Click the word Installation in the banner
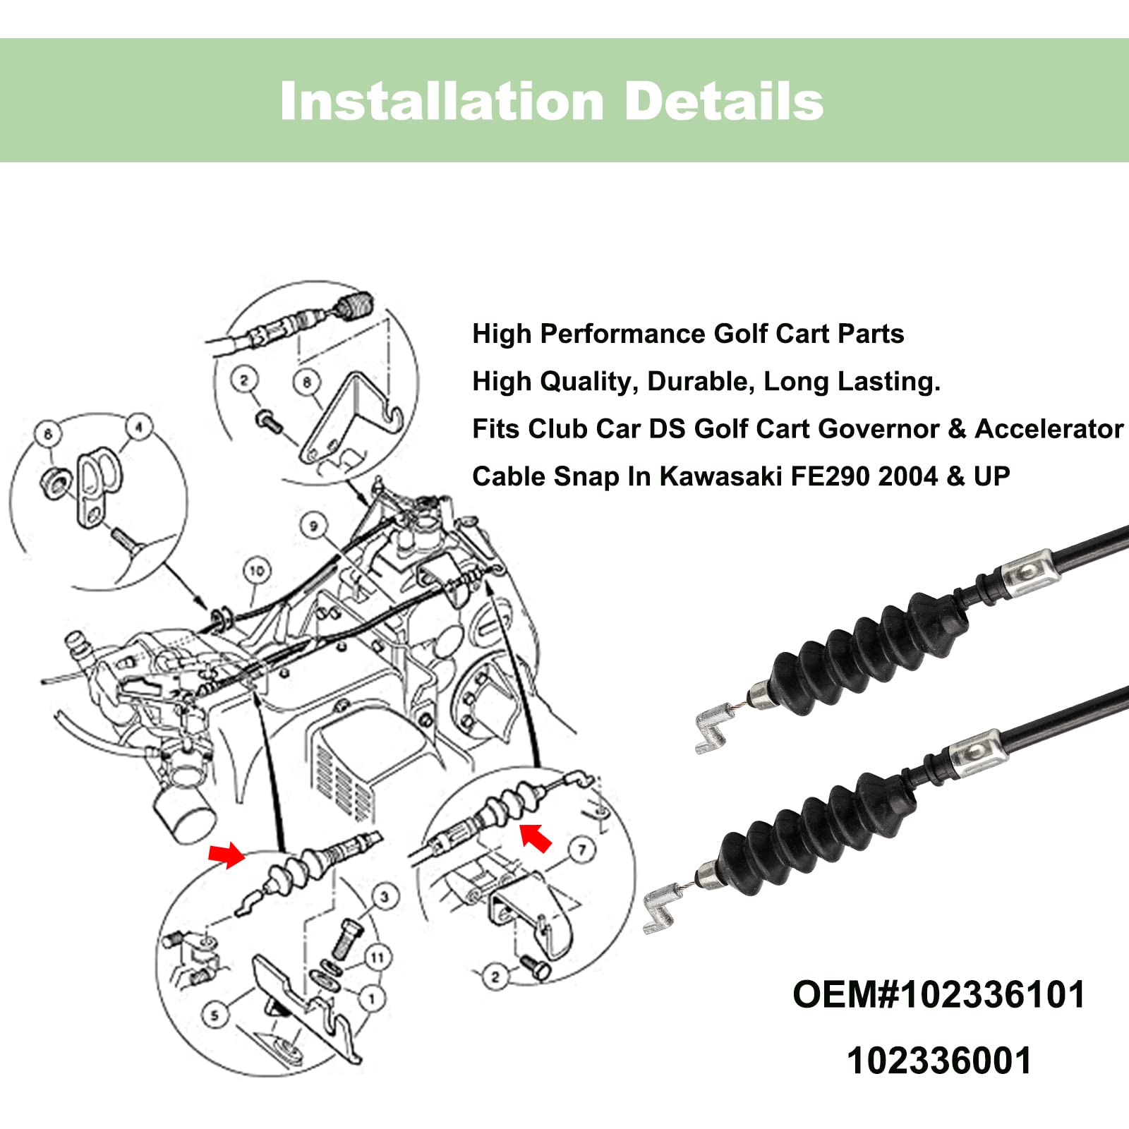(442, 102)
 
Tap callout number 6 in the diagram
(48, 433)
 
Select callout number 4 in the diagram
(139, 427)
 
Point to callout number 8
(307, 382)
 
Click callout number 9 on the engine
(313, 525)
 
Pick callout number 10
(257, 570)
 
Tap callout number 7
(581, 850)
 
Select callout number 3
(384, 897)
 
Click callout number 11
(378, 958)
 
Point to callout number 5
(215, 1015)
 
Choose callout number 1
(372, 998)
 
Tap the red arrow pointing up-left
(536, 837)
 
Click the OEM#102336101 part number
(938, 995)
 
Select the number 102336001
(938, 1061)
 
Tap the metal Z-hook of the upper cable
(713, 729)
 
